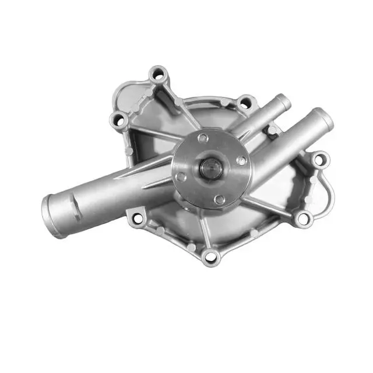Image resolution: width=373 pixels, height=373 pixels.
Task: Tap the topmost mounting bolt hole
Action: click(x=158, y=75)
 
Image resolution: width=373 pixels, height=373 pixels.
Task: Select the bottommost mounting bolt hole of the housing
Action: click(x=210, y=255)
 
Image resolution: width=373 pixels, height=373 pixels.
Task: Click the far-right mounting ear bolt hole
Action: click(x=320, y=159)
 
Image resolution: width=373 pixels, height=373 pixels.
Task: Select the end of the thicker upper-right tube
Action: click(x=323, y=118)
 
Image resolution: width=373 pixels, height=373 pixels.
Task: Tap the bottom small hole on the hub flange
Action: click(x=219, y=199)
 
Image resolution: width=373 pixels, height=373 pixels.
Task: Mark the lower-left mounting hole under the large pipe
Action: click(x=138, y=219)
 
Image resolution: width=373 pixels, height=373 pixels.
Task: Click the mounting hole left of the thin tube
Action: click(x=246, y=103)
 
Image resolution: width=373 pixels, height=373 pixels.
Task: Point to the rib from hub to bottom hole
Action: click(x=207, y=230)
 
